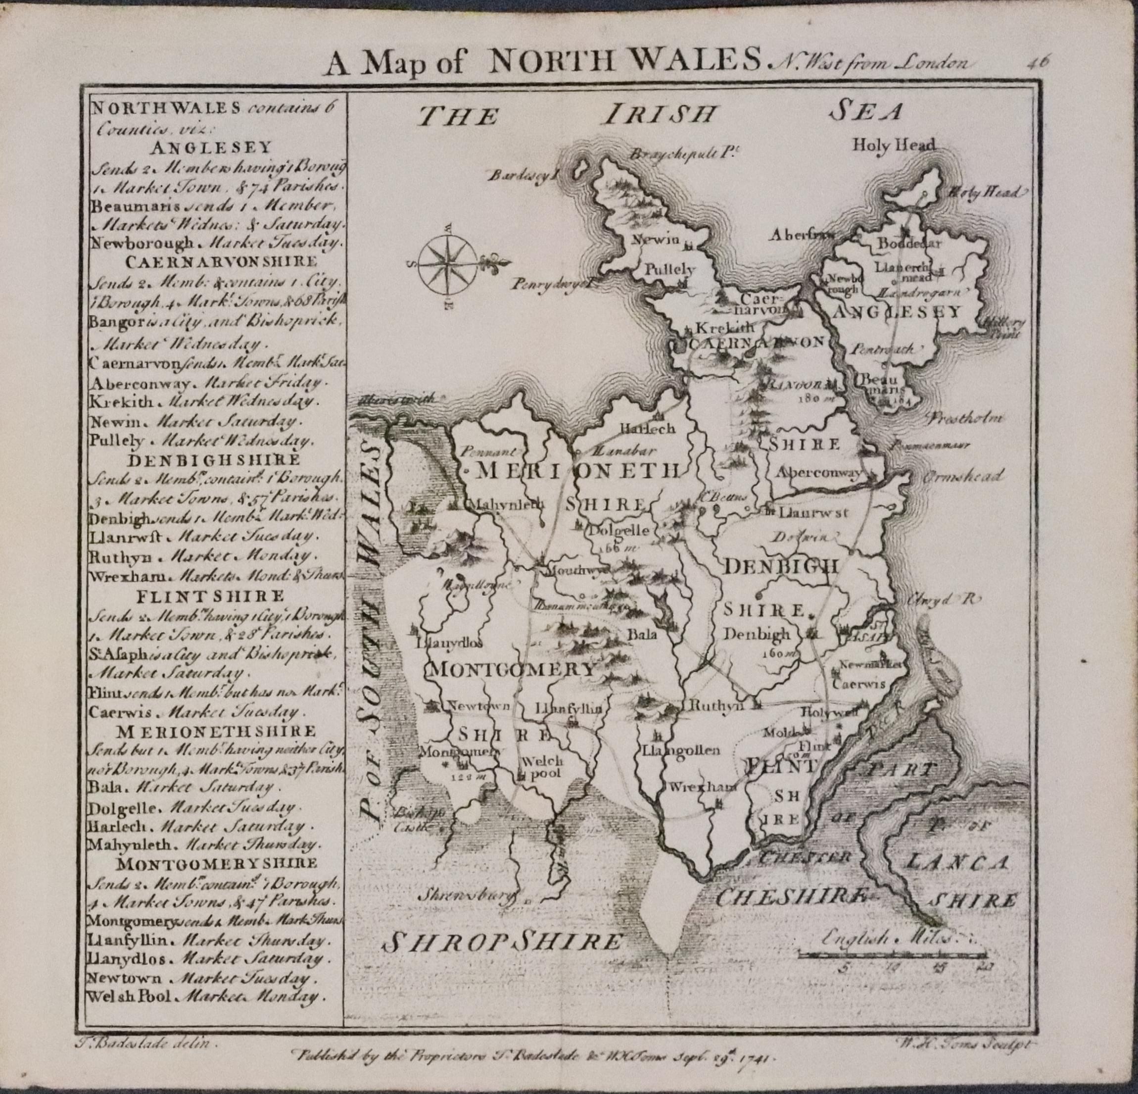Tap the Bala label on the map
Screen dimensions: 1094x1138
[643, 635]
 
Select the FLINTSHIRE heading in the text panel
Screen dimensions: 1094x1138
[211, 596]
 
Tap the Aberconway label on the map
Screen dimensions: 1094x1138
[819, 472]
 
